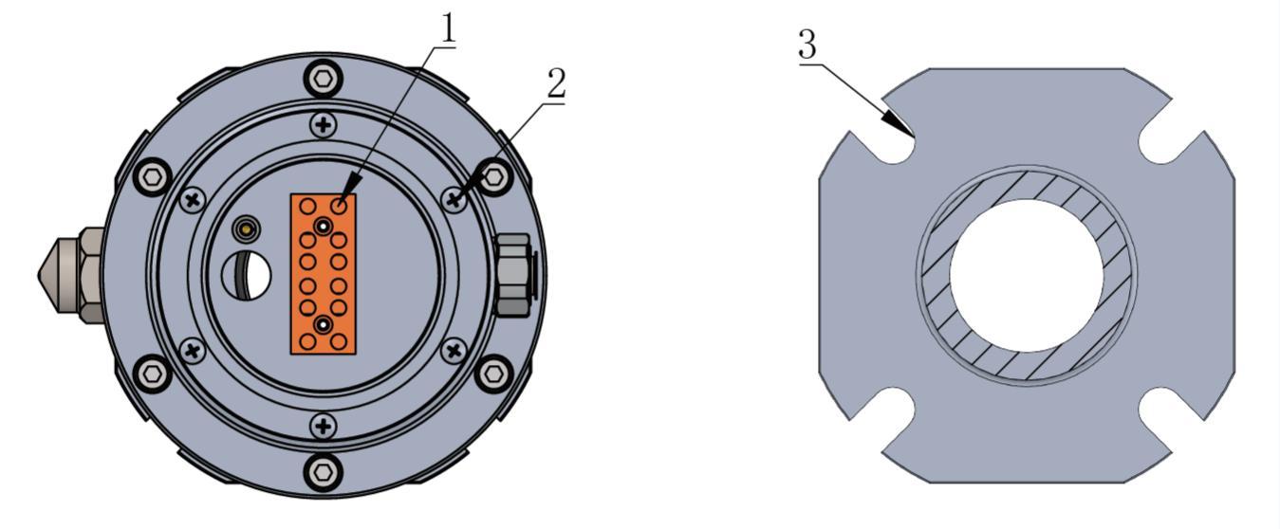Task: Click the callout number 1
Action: point(448,28)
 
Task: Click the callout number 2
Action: point(555,83)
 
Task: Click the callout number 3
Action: point(807,45)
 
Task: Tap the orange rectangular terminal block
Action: point(323,274)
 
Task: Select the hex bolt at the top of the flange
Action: point(324,78)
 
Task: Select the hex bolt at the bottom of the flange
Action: point(324,472)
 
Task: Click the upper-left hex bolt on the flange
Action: point(153,177)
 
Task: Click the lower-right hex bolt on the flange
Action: point(493,374)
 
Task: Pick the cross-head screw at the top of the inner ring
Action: point(324,124)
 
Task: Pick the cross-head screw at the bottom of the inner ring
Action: point(324,427)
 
